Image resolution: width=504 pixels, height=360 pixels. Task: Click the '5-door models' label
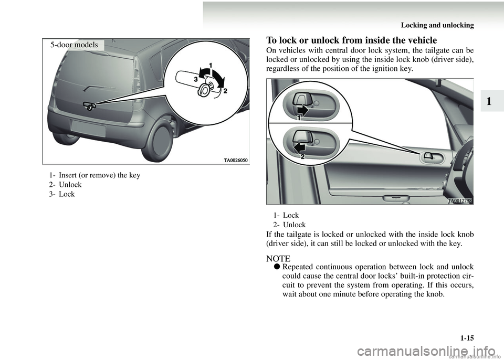(x=74, y=45)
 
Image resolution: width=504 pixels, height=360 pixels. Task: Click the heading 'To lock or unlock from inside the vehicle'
(x=351, y=40)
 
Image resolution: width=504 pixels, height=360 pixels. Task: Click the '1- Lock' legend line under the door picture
(x=286, y=215)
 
